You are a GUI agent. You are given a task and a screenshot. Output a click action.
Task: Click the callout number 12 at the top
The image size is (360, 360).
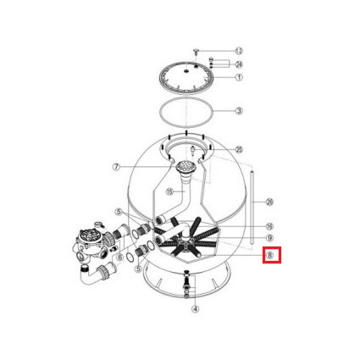click(x=240, y=51)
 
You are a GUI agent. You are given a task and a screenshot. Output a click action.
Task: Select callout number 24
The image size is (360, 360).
click(x=240, y=64)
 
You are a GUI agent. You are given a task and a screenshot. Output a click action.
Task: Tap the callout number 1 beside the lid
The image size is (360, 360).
click(x=240, y=77)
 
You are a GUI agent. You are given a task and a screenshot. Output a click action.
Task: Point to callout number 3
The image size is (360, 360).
click(x=240, y=111)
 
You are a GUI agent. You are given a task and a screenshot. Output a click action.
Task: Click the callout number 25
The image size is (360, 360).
click(x=240, y=149)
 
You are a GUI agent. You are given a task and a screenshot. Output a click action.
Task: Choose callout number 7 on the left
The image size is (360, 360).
click(x=116, y=167)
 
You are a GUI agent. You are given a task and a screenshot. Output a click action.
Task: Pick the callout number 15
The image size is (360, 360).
click(x=169, y=191)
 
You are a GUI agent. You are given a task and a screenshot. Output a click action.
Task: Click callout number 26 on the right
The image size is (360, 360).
click(x=269, y=202)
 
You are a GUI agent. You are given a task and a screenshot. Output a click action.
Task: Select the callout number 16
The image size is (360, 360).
click(x=269, y=226)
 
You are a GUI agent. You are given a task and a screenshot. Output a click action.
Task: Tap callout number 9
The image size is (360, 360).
click(x=269, y=238)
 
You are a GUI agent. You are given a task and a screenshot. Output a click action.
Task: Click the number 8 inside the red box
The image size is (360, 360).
click(x=269, y=253)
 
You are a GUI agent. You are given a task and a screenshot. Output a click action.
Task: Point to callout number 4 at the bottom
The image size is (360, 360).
click(x=196, y=309)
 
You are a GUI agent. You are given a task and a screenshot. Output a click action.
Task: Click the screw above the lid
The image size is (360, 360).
click(x=196, y=53)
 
